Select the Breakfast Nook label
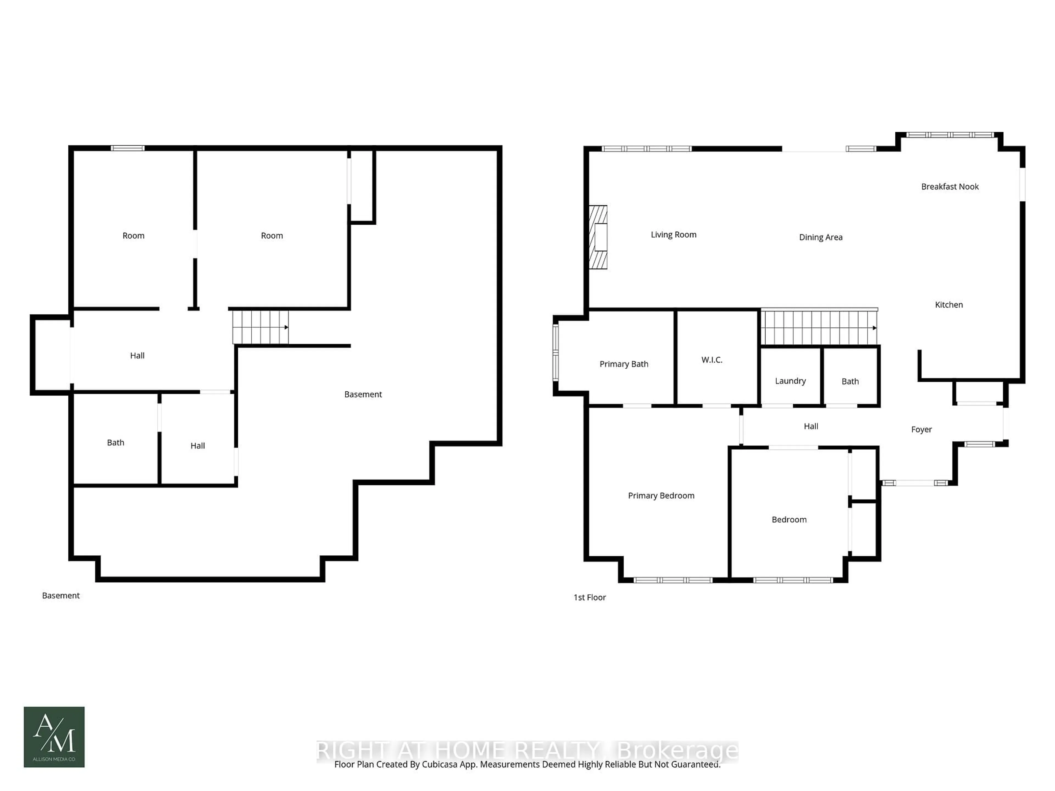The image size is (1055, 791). pyautogui.click(x=949, y=186)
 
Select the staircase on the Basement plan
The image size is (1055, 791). pyautogui.click(x=260, y=327)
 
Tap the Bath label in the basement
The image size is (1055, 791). pyautogui.click(x=115, y=442)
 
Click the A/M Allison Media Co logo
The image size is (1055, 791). pyautogui.click(x=54, y=737)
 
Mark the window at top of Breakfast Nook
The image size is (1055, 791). pyautogui.click(x=949, y=135)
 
